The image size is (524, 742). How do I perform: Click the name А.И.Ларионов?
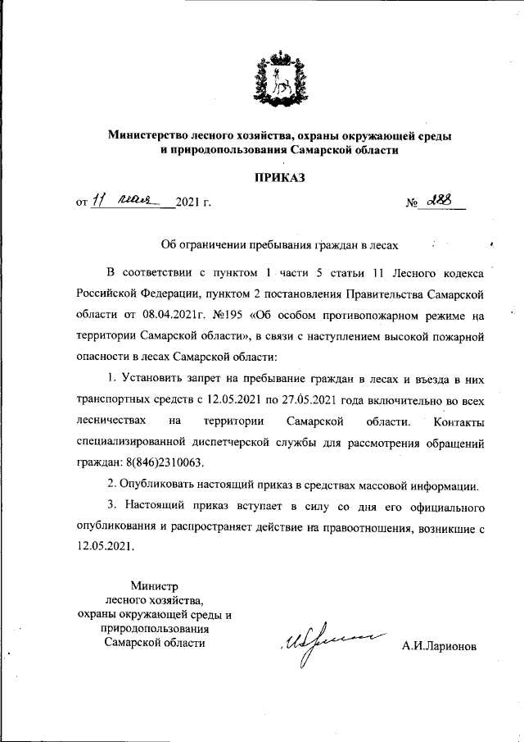click(439, 645)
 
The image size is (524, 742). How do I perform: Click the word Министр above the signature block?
click(154, 586)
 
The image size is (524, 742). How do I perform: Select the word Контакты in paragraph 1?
click(457, 421)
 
